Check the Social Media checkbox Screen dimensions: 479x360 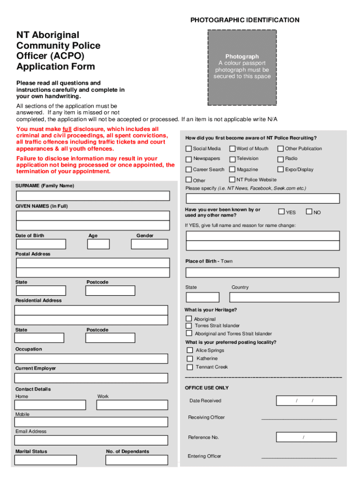189,149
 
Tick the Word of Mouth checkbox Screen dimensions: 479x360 232,149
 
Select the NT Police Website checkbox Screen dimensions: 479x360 232,180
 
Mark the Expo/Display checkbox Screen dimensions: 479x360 281,169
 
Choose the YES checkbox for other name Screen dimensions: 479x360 281,211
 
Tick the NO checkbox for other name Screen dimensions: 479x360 309,211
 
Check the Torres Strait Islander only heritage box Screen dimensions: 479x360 189,326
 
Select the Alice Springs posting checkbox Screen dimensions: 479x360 190,350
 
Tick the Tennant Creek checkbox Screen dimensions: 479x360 190,367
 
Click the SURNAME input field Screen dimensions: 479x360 93,196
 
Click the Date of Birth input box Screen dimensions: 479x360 41,244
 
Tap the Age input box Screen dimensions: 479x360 98,244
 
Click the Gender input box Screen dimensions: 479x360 149,244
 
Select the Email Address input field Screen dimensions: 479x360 91,440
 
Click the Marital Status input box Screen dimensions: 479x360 45,460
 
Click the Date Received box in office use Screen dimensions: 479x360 306,401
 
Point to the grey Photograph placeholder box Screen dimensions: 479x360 242,67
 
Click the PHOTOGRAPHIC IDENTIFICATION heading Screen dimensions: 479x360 245,20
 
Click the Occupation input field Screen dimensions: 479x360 91,359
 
